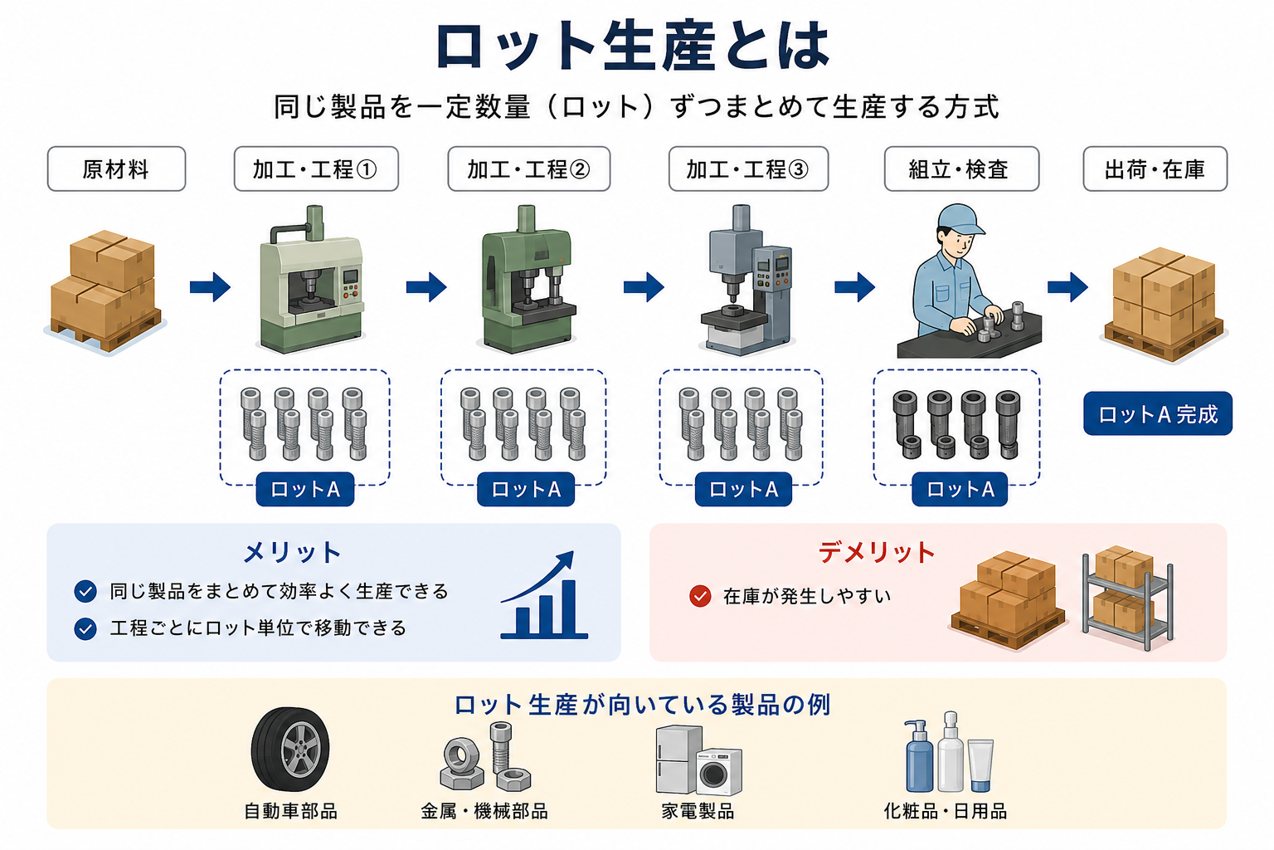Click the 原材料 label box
coord(117,169)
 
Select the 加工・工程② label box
coord(529,169)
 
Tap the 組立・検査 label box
coord(962,169)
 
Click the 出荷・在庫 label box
coord(1155,169)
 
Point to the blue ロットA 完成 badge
coord(1158,414)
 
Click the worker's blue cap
coord(960,220)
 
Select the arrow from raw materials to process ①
coord(210,287)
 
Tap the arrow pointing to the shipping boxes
coord(1067,287)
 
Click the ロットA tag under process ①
coord(305,489)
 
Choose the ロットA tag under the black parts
coord(960,489)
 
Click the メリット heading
coord(292,552)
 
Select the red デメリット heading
coord(877,552)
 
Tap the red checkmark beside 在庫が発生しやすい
coord(700,596)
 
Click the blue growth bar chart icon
coord(544,595)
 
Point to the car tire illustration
coord(290,750)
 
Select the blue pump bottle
coord(918,757)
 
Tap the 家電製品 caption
coord(698,811)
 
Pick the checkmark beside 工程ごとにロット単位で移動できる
coord(85,628)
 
